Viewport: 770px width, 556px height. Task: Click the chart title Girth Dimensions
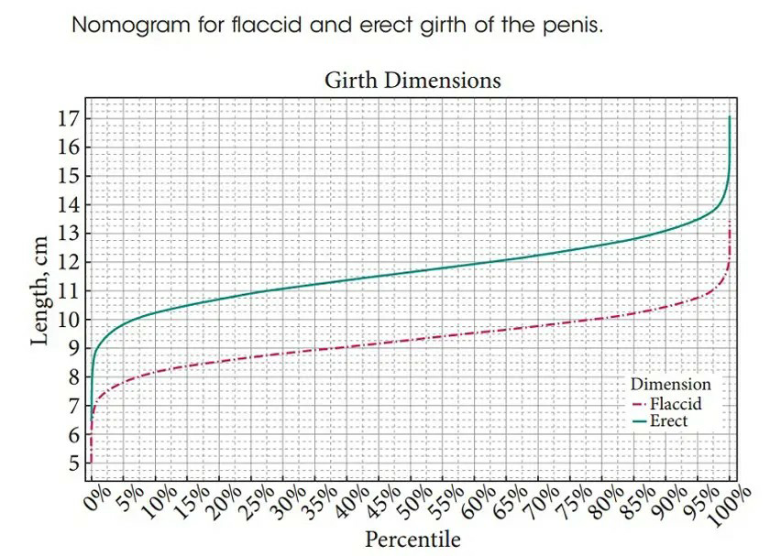pyautogui.click(x=412, y=81)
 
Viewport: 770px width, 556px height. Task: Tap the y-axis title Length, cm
pyautogui.click(x=39, y=291)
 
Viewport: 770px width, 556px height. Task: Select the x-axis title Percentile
pyautogui.click(x=412, y=540)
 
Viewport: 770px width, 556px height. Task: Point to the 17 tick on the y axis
pyautogui.click(x=68, y=118)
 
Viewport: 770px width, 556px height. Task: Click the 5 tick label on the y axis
pyautogui.click(x=73, y=463)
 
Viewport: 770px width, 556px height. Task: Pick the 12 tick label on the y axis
pyautogui.click(x=68, y=262)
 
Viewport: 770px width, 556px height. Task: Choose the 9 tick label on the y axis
pyautogui.click(x=73, y=348)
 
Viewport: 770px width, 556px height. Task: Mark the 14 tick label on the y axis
pyautogui.click(x=68, y=204)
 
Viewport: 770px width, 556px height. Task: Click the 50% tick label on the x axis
pyautogui.click(x=415, y=503)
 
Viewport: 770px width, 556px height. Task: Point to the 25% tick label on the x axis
pyautogui.click(x=257, y=503)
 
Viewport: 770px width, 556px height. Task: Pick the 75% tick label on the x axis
pyautogui.click(x=575, y=503)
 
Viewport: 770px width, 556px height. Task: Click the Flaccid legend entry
pyautogui.click(x=667, y=404)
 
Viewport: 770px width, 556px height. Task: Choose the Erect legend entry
pyautogui.click(x=660, y=421)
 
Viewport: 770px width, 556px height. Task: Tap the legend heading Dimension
pyautogui.click(x=671, y=384)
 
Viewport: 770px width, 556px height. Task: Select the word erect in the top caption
pyautogui.click(x=388, y=25)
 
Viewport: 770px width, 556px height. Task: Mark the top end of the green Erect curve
pyautogui.click(x=730, y=116)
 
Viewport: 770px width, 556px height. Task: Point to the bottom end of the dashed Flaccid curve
pyautogui.click(x=91, y=463)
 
